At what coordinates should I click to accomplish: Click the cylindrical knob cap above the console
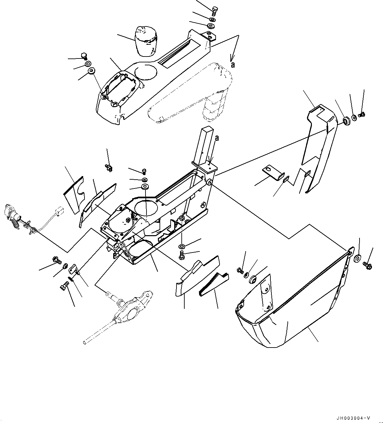point(146,41)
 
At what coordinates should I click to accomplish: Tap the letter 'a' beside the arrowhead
point(233,65)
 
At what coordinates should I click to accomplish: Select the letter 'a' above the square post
point(217,138)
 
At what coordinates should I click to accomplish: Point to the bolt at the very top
point(214,10)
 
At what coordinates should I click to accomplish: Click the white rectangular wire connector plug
point(59,210)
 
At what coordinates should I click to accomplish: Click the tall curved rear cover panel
point(318,148)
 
